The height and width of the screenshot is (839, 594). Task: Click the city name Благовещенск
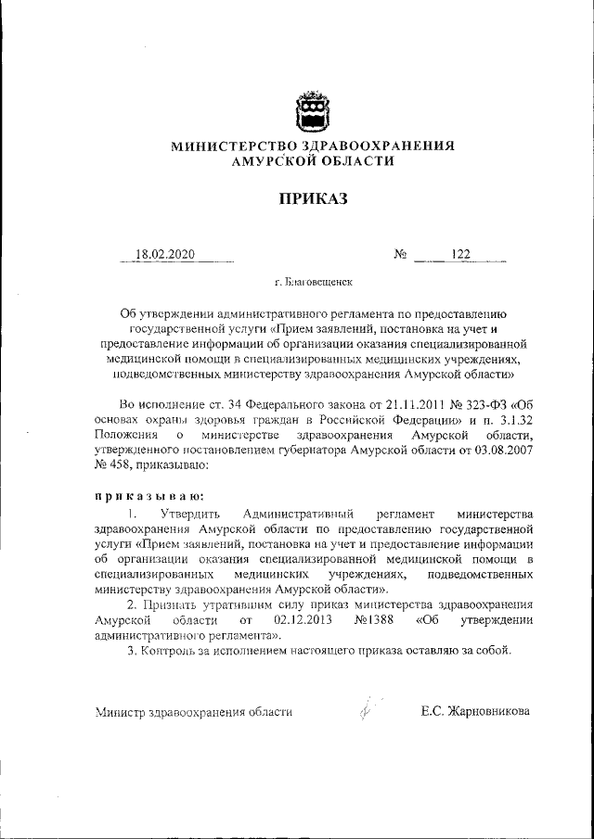(x=314, y=280)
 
